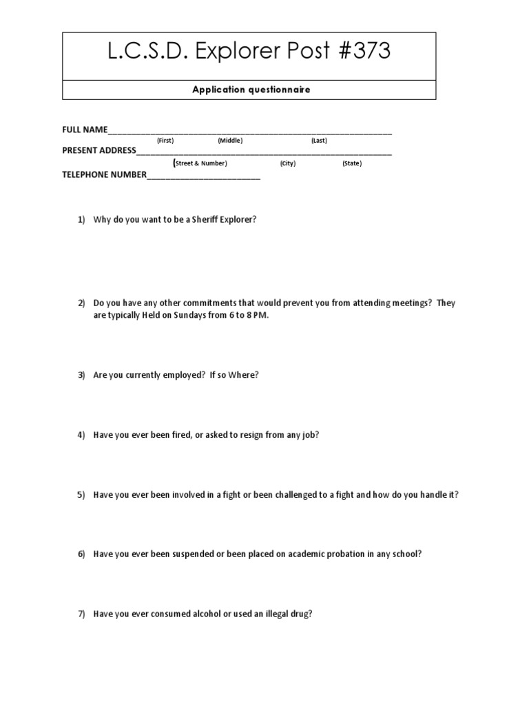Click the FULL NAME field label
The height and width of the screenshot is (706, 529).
click(85, 129)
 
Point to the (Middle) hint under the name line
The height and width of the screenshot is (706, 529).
click(230, 141)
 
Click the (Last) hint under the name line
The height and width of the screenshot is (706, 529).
click(319, 141)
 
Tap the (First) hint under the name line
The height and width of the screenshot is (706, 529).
click(165, 141)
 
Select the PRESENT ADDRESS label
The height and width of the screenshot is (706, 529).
click(99, 151)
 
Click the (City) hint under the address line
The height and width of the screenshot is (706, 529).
click(288, 163)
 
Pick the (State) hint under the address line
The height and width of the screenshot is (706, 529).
click(352, 163)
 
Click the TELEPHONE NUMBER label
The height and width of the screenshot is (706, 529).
click(105, 174)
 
